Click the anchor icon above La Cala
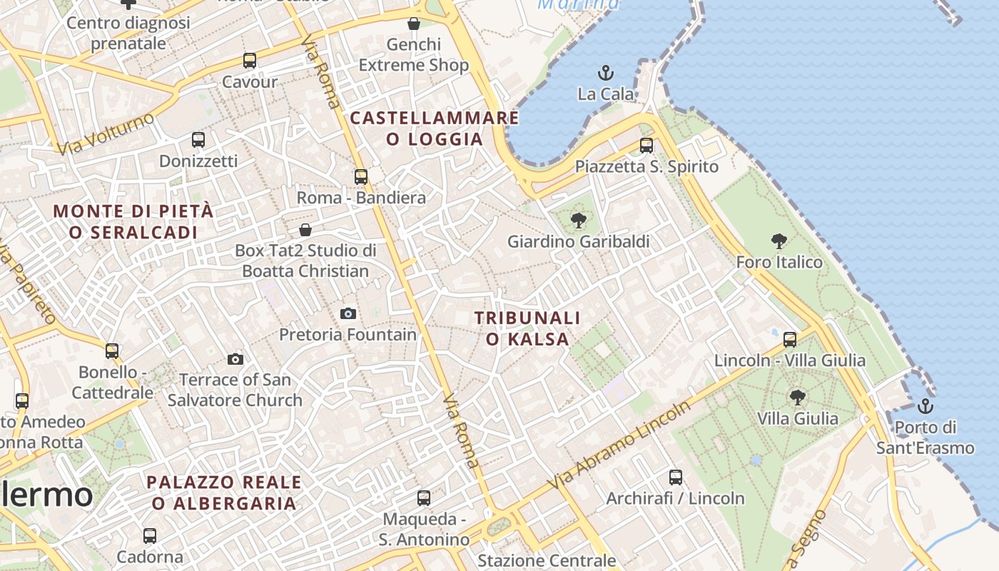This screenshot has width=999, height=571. pos(605,72)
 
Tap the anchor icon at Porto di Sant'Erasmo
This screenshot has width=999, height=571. pos(925,406)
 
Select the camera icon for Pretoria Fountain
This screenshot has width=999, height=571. pos(348,313)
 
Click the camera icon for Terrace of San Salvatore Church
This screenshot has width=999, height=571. pos(235,358)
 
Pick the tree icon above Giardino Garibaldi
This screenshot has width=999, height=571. pos(579,220)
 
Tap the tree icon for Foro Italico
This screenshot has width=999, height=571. pos(779,241)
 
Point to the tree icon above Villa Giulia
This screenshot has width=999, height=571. pos(798,397)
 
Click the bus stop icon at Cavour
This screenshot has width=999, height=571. pos(250,61)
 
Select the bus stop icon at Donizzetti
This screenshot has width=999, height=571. pos(198,140)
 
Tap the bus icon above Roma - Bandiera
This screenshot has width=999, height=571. pos(361,176)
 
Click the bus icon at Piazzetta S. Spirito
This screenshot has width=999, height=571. pos(646,146)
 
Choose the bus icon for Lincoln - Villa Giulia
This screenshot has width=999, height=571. pos(790,339)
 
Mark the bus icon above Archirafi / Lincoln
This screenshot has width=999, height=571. pos(676,477)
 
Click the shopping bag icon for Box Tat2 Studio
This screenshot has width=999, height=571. pos(305,229)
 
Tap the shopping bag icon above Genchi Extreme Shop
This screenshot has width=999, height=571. pos(414,24)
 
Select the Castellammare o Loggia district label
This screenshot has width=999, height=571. pos(435,128)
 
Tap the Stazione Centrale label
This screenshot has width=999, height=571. pos(547,560)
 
